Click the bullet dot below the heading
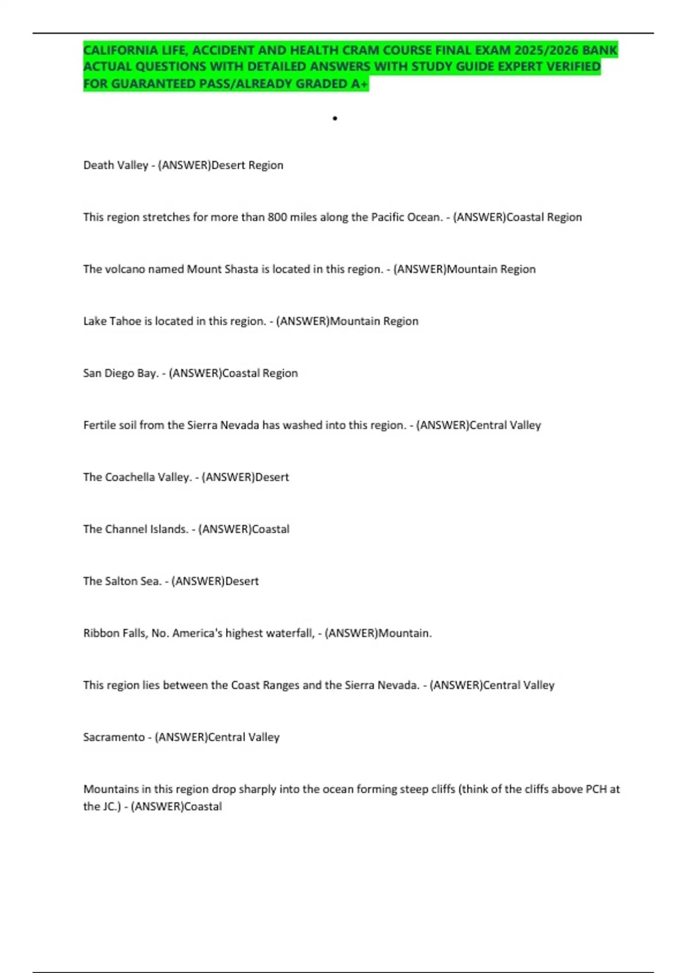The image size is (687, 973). click(x=335, y=118)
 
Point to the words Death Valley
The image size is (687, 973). click(x=116, y=165)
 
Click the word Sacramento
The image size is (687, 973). click(x=113, y=737)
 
